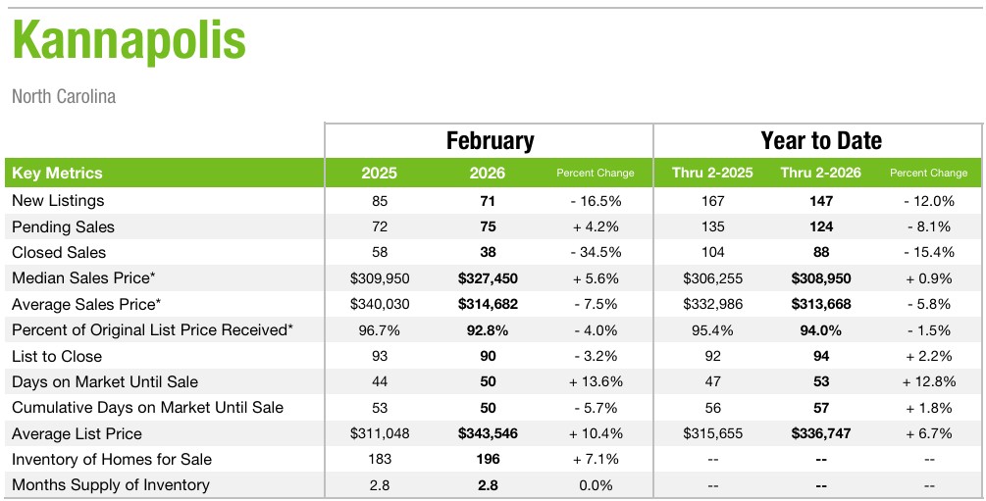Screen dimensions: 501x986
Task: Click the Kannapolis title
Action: (130, 41)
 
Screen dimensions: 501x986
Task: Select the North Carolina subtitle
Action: (64, 97)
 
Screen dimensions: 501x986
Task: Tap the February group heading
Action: (490, 140)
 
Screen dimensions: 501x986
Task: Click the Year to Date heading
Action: (821, 140)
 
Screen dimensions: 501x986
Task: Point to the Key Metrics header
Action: (57, 174)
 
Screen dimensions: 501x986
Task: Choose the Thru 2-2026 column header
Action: (820, 174)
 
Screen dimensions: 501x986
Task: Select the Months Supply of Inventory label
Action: (111, 485)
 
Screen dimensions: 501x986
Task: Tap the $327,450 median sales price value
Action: (488, 278)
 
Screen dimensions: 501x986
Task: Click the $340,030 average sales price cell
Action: (379, 304)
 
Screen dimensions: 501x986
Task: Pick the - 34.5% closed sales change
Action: (596, 253)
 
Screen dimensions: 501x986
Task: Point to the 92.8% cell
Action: (488, 330)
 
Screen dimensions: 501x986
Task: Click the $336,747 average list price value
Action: (821, 433)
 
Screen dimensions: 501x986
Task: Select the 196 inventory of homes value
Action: (488, 460)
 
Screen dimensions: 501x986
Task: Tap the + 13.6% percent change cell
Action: (596, 382)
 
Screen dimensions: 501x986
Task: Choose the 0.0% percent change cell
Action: (596, 485)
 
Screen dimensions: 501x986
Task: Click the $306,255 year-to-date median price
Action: (712, 278)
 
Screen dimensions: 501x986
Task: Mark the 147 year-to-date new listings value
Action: (821, 201)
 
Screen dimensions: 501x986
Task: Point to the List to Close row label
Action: (57, 356)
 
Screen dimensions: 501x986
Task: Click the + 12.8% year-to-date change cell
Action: (928, 382)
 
